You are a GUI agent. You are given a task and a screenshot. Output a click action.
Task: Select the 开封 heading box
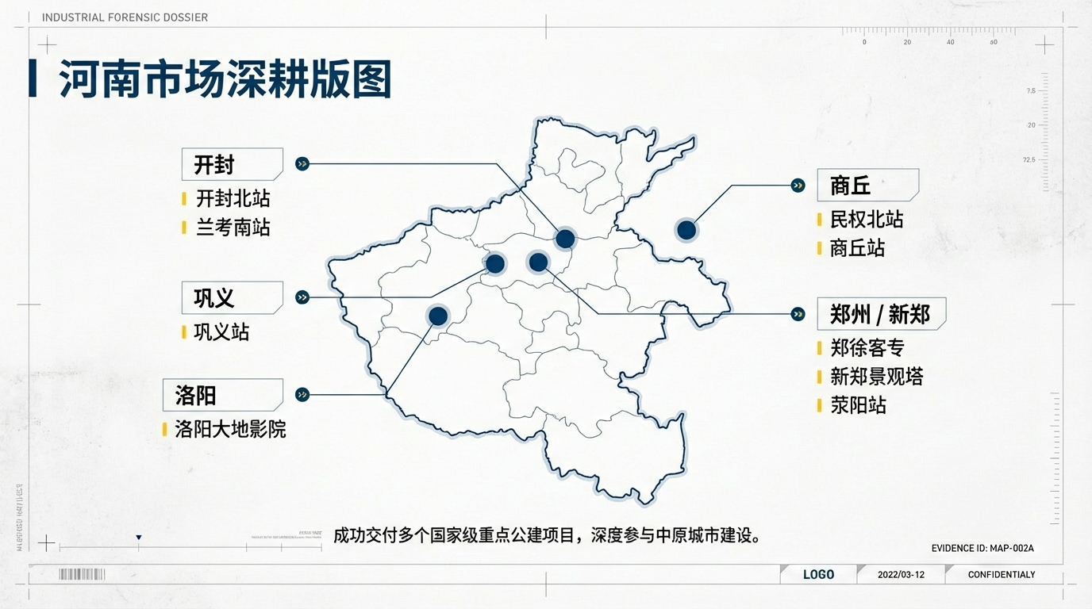click(232, 164)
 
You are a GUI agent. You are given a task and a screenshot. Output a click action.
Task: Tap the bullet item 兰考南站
click(233, 228)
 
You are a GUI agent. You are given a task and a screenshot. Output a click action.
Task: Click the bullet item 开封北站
click(233, 198)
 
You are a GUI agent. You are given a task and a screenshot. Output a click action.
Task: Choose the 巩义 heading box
click(232, 297)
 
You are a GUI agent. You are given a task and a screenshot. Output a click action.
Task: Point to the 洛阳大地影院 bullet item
click(230, 430)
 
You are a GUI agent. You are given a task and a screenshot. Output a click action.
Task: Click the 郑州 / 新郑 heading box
click(881, 314)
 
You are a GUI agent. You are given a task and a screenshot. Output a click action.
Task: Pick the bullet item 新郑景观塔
click(876, 377)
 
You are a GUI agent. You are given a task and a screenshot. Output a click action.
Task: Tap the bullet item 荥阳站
click(858, 405)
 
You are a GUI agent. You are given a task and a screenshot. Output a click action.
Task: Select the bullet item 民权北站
click(867, 220)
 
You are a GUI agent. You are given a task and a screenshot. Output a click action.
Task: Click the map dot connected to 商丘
click(686, 231)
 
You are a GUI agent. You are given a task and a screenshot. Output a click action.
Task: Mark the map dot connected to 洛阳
click(438, 316)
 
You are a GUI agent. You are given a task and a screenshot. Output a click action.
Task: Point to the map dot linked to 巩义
click(494, 264)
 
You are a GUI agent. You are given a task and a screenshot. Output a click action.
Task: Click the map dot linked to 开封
click(565, 239)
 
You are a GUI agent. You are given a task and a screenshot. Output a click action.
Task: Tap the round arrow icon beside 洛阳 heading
click(302, 395)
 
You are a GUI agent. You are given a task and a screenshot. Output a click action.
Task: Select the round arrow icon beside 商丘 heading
click(798, 186)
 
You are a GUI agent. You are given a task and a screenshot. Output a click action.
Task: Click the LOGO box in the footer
click(818, 574)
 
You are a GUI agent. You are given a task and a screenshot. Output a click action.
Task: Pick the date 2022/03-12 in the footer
click(901, 574)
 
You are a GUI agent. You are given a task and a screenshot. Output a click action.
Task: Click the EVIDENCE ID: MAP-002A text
click(982, 548)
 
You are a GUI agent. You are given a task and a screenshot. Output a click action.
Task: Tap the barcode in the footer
click(82, 574)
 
